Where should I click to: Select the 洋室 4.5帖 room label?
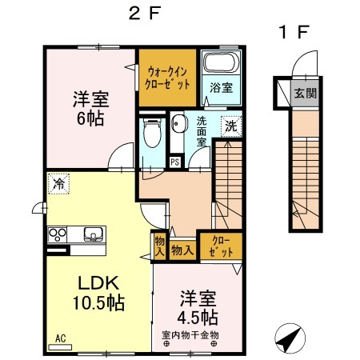pyautogui.click(x=196, y=306)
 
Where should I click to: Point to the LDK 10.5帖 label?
pyautogui.click(x=99, y=293)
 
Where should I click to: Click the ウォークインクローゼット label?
pyautogui.click(x=167, y=78)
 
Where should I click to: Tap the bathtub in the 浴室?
pyautogui.click(x=218, y=62)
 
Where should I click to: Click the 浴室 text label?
pyautogui.click(x=221, y=87)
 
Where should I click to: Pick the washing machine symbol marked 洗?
pyautogui.click(x=230, y=126)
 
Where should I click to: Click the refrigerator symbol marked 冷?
pyautogui.click(x=58, y=183)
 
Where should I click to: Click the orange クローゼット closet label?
pyautogui.click(x=218, y=246)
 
